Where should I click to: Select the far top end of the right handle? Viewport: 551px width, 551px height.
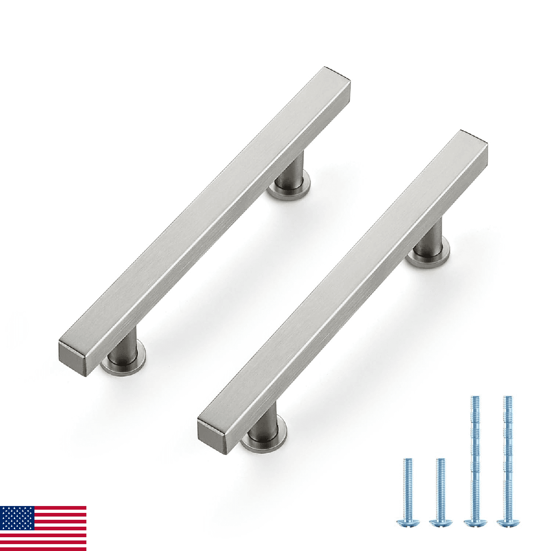tap(475, 139)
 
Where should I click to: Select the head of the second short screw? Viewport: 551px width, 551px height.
tap(440, 522)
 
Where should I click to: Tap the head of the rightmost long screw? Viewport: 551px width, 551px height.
tap(507, 522)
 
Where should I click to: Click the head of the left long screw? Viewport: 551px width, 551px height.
tap(475, 522)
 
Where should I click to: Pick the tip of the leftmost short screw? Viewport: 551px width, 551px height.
tap(407, 460)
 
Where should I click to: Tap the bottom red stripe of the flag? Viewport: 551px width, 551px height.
tap(43, 547)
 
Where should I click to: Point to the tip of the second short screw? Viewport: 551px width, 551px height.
tap(440, 460)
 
